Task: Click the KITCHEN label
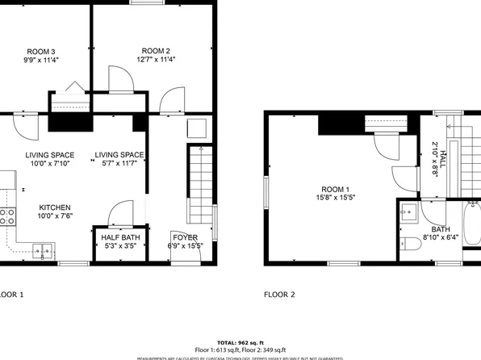[55, 207]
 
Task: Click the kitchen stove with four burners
[6, 216]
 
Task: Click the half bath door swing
[118, 215]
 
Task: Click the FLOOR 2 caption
[280, 295]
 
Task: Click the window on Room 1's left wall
[267, 192]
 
